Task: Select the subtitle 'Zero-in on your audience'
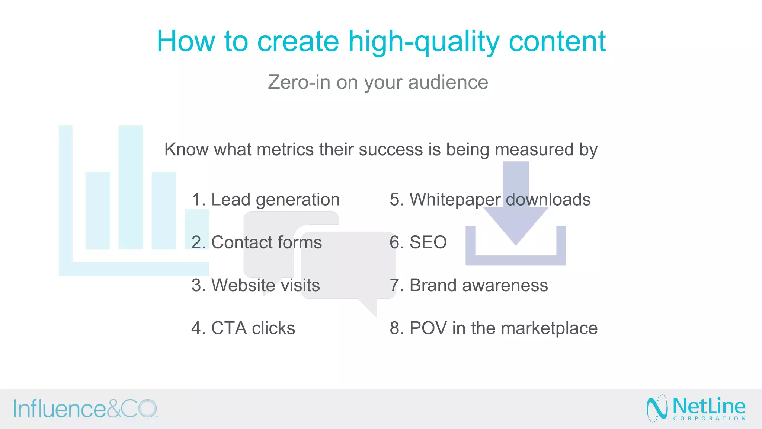378,82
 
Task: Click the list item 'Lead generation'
265,200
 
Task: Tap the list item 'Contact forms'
256,242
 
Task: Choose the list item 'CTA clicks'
243,328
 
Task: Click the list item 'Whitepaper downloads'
490,200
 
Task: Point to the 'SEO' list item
418,242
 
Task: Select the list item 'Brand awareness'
468,285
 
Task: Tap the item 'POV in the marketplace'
493,328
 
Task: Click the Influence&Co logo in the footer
86,409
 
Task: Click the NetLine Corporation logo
696,409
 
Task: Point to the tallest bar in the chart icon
131,186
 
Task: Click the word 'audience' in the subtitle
448,82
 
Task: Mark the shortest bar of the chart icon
196,229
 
